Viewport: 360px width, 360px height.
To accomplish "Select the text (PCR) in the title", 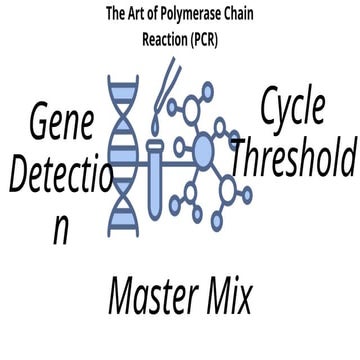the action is coord(204,40).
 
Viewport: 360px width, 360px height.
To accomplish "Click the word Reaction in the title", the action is coord(165,40).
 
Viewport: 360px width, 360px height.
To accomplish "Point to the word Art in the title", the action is coord(136,14).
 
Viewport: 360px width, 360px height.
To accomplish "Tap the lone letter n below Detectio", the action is coord(61,230).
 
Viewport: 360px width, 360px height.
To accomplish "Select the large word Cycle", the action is coord(292,107).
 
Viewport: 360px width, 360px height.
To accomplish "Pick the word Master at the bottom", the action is coord(154,296).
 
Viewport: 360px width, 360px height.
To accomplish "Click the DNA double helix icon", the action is coord(123,156).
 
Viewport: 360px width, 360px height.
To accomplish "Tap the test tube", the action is coord(155,180).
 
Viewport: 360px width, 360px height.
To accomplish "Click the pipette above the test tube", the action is coord(169,87).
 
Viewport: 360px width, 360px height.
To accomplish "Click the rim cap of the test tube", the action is coord(155,145).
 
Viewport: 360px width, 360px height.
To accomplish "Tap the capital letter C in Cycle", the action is coord(269,107).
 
